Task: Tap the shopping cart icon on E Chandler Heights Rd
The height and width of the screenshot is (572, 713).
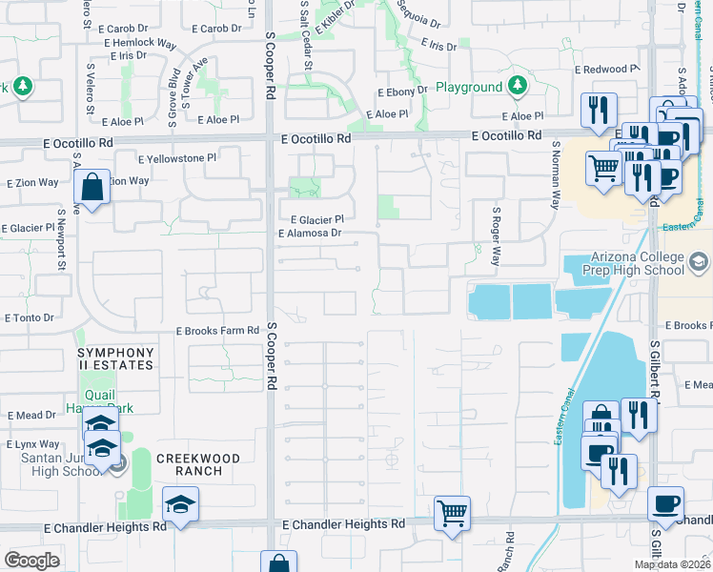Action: tap(452, 512)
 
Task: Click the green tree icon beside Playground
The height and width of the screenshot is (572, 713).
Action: tap(518, 87)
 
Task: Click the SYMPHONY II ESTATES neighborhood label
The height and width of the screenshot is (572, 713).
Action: tap(115, 358)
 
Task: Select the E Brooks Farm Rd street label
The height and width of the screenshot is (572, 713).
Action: tap(217, 331)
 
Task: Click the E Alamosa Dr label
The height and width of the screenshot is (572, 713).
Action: tap(309, 233)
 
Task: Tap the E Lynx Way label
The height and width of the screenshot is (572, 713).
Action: tap(33, 444)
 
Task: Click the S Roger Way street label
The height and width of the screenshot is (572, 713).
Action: tap(496, 236)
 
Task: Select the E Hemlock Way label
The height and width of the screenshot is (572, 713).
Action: tap(141, 43)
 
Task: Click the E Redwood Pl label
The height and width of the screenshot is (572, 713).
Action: tap(606, 70)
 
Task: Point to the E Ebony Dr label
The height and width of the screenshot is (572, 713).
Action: tap(403, 92)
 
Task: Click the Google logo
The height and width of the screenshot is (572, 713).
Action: tap(31, 561)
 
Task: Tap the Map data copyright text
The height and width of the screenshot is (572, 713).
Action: tap(672, 564)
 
